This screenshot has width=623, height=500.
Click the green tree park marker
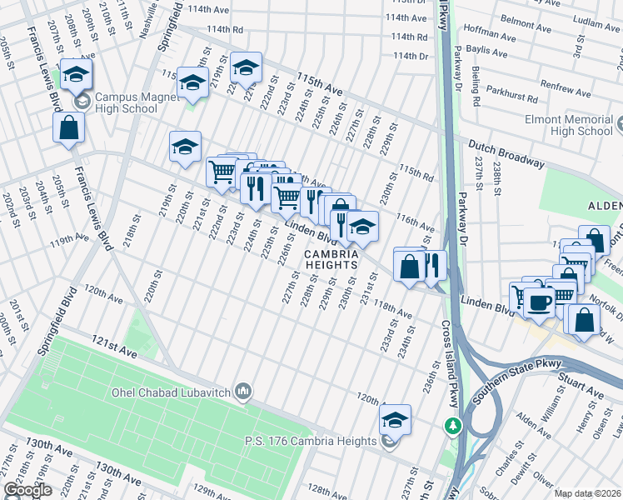452,426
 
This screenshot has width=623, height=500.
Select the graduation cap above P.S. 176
396,418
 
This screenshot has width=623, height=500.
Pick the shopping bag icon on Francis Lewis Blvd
69,128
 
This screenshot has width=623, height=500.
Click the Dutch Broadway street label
505,153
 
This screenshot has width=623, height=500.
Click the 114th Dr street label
410,56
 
